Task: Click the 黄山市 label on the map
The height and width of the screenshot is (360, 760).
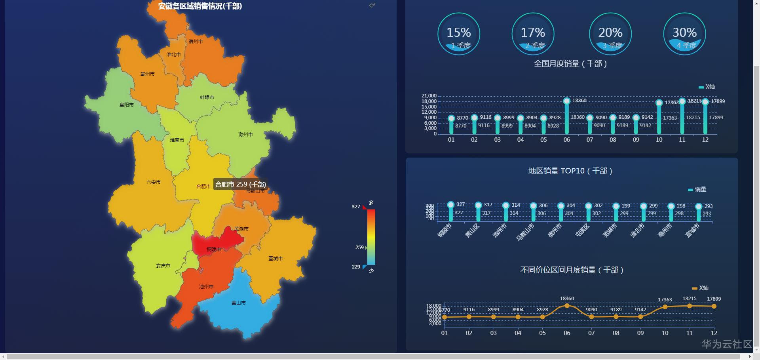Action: [x=238, y=303]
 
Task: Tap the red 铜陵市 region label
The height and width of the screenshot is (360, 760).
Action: [x=214, y=250]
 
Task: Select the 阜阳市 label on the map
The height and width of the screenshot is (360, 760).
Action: [x=127, y=105]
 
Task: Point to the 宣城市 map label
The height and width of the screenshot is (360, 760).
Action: [x=275, y=259]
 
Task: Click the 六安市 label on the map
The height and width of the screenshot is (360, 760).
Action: [x=154, y=182]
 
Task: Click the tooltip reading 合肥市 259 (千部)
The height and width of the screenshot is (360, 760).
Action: [x=240, y=184]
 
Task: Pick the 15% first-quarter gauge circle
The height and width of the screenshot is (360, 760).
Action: [x=458, y=34]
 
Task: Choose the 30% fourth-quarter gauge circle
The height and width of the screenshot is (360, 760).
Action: [x=684, y=34]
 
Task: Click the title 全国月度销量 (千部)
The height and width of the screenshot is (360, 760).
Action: [x=570, y=64]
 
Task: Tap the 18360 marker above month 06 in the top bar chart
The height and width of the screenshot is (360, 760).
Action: [x=567, y=101]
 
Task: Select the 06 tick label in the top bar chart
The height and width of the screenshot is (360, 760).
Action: [x=567, y=140]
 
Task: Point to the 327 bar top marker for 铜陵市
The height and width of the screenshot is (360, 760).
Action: [x=450, y=205]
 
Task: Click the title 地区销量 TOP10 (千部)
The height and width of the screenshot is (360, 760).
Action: [x=570, y=171]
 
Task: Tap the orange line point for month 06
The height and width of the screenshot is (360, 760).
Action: [x=567, y=306]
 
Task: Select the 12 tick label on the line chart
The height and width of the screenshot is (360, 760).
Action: [x=714, y=333]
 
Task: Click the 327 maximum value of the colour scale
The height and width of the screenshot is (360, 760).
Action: [x=356, y=207]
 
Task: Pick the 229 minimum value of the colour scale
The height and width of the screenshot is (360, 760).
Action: [x=356, y=267]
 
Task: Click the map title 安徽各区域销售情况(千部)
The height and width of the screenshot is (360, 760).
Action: [x=200, y=6]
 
